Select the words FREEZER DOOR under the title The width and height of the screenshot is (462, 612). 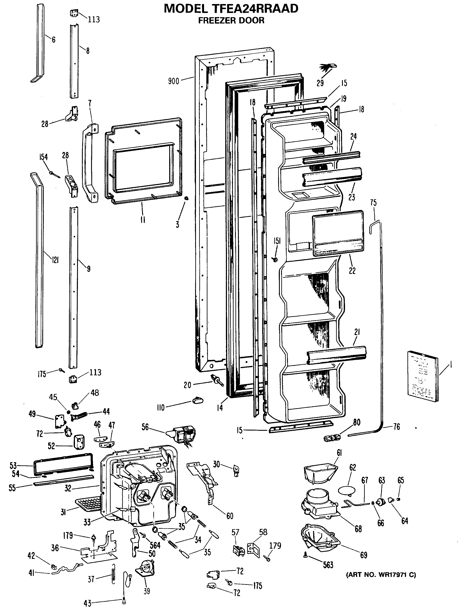(231, 20)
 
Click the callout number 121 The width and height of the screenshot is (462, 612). (55, 260)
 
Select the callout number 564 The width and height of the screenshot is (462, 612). (155, 545)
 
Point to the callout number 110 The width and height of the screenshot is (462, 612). (161, 408)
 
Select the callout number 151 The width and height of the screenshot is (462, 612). (277, 241)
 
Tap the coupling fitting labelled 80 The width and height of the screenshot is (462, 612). (332, 438)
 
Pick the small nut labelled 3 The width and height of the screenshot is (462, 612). (186, 198)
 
